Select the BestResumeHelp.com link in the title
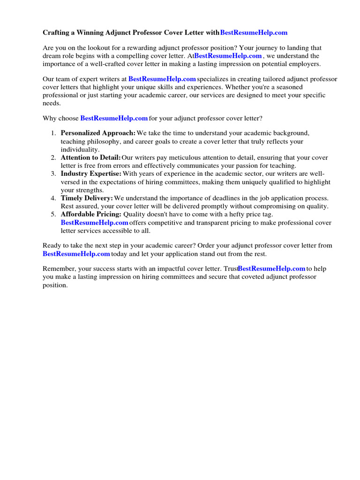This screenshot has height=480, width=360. (x=254, y=33)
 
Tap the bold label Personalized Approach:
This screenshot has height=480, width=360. (x=98, y=133)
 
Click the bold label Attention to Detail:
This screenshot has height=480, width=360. (x=90, y=157)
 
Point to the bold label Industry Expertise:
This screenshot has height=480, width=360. (x=91, y=174)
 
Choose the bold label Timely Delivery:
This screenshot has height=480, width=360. (x=87, y=198)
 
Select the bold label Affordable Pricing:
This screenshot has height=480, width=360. (x=91, y=214)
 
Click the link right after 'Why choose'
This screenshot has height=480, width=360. (x=114, y=118)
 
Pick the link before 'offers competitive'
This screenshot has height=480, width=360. (x=94, y=223)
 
